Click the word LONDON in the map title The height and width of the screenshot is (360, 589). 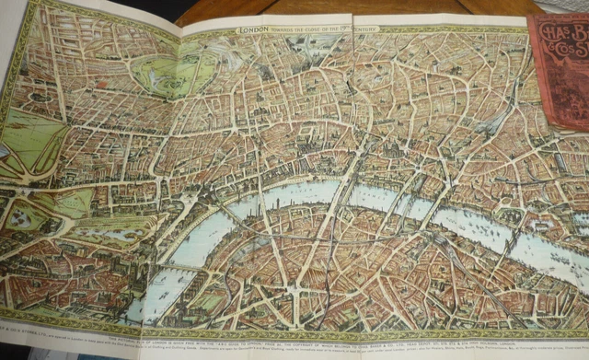255,29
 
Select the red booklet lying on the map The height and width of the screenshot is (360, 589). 559,69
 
